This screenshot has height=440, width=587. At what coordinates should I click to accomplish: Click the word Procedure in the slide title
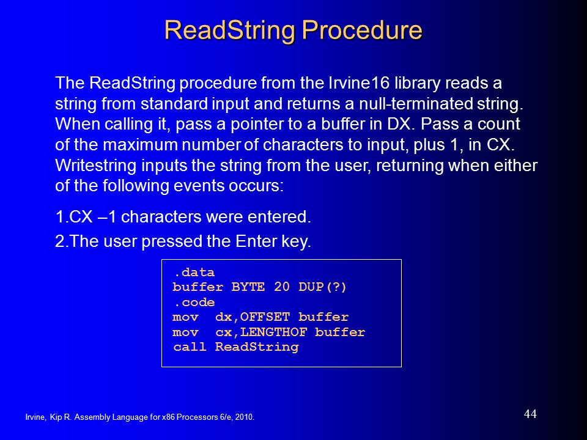coord(363,31)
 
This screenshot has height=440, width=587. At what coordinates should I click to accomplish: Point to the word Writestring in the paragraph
coord(95,166)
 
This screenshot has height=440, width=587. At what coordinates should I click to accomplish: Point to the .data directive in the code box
coord(194,273)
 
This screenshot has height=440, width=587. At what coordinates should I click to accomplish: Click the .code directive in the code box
coord(194,302)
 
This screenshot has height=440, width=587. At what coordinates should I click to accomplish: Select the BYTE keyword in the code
coord(248,287)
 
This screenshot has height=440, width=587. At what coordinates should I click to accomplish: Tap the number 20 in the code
coord(281,287)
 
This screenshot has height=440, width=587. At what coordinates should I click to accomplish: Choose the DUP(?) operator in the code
coord(322,287)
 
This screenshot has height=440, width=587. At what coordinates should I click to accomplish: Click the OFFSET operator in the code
coord(265,317)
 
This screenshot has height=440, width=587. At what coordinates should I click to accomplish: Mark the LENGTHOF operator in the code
coord(274,332)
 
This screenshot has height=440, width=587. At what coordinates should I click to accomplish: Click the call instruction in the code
coord(190,347)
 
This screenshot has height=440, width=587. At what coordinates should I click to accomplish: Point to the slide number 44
coord(530,414)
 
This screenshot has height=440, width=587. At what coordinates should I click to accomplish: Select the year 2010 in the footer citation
coord(245,417)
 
